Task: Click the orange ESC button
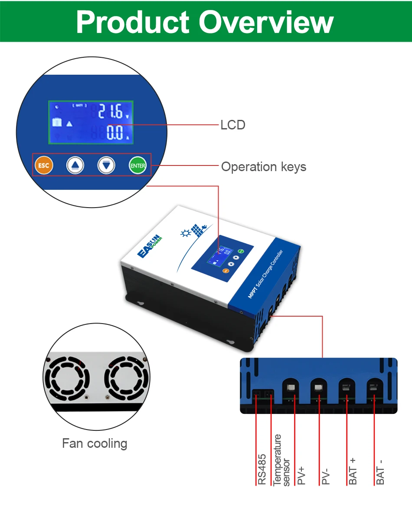[43, 165]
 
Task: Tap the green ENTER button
[138, 165]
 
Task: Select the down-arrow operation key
[106, 165]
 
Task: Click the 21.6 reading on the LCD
[110, 112]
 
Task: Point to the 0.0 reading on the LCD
[115, 132]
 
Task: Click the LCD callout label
[233, 125]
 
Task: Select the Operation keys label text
[264, 167]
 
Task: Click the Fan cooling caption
[95, 443]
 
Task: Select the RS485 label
[262, 469]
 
